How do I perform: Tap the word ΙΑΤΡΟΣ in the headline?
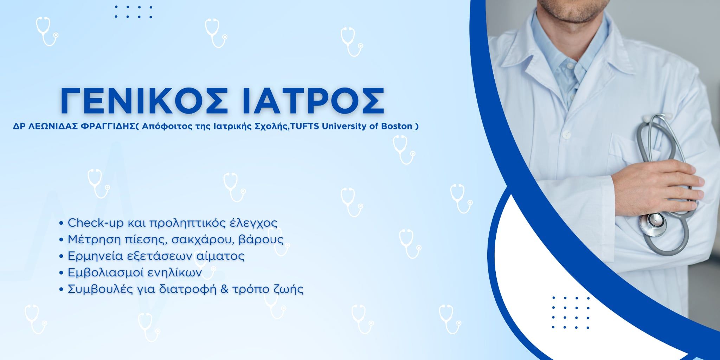coord(313,101)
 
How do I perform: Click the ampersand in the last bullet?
coord(225,289)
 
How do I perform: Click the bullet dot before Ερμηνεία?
coord(62,256)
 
